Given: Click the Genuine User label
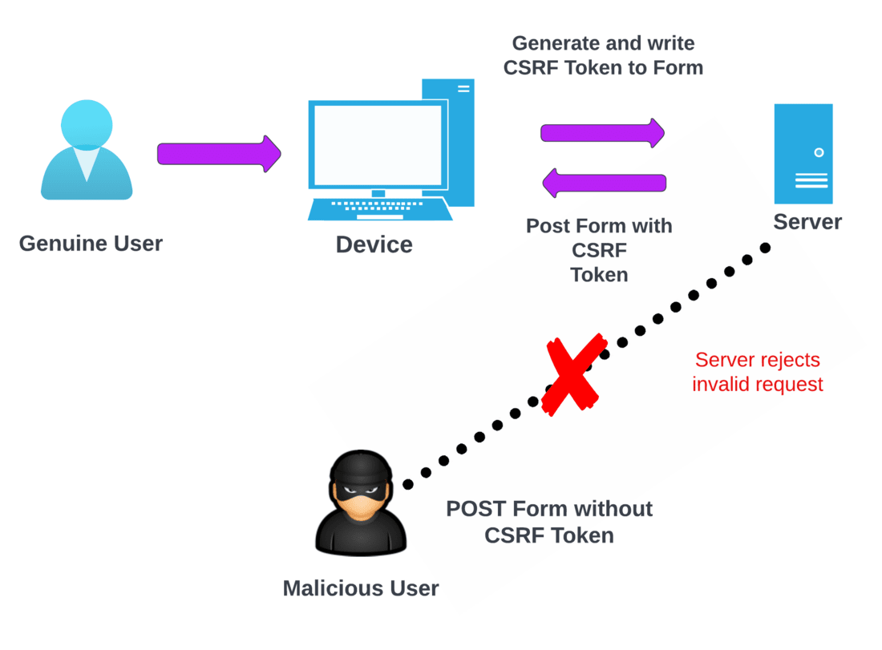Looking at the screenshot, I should click(x=91, y=243).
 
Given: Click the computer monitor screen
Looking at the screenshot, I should click(x=378, y=144).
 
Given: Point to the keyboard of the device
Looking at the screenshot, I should click(x=380, y=209).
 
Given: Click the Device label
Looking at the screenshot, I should click(x=374, y=244).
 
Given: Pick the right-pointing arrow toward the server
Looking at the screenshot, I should click(x=602, y=132).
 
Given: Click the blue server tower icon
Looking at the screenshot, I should click(x=803, y=153).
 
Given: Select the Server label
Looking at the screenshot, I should click(x=807, y=222).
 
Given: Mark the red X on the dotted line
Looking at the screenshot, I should click(x=572, y=374).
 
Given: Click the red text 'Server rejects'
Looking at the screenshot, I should click(x=757, y=360).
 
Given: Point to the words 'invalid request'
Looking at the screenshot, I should click(x=757, y=385).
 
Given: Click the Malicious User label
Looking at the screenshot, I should click(x=361, y=588).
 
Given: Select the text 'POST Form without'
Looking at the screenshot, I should click(x=549, y=509).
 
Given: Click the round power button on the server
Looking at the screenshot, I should click(x=819, y=152).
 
